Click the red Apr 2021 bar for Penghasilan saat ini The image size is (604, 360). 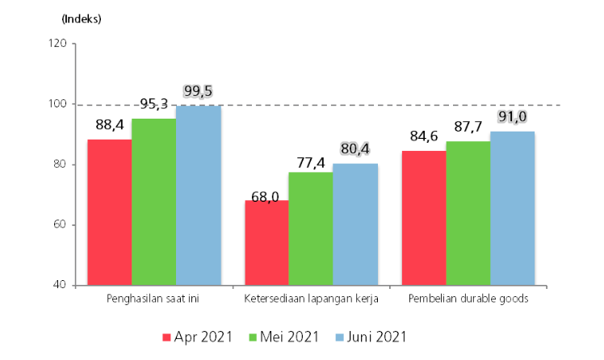110,212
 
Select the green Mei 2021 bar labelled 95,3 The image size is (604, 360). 154,202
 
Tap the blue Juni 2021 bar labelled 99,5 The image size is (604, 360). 199,195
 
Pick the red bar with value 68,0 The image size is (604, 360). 266,243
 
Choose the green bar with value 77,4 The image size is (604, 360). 311,228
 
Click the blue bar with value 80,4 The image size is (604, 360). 355,224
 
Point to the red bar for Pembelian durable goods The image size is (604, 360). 424,218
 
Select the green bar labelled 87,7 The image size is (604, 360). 468,213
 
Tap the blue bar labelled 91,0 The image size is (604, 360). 512,208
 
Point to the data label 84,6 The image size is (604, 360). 423,137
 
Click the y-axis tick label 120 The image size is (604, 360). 57,44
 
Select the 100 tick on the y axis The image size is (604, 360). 57,104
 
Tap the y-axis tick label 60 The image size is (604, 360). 59,225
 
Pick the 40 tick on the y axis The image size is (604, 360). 59,285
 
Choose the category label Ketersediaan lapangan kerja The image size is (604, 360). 311,299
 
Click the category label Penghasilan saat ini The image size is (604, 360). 153,299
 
